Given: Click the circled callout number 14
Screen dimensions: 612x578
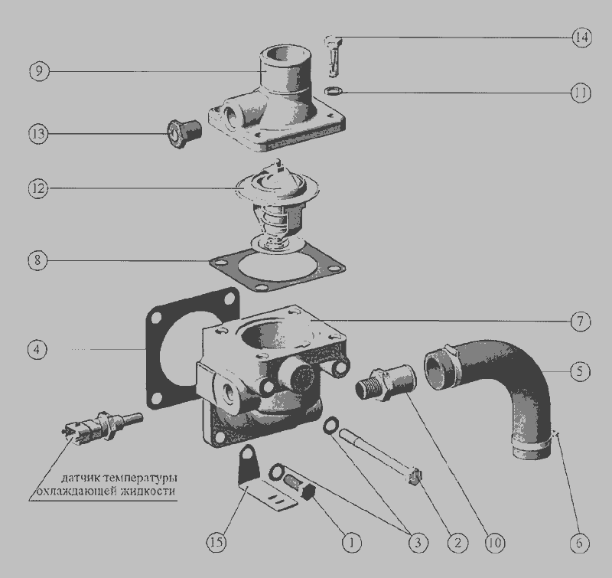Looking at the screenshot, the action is click(581, 38).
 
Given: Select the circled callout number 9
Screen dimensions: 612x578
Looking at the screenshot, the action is click(40, 71).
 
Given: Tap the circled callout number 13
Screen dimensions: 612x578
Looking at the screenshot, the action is click(38, 134).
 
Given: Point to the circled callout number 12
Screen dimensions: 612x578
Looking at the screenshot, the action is click(38, 188).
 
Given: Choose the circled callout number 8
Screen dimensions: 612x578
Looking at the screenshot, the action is click(37, 260).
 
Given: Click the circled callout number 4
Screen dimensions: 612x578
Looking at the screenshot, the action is click(37, 349).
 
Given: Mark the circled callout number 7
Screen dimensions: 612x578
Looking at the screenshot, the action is click(581, 322).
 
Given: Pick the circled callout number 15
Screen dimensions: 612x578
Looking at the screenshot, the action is click(216, 542).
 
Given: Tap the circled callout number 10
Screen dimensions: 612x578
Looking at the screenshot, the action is click(494, 543).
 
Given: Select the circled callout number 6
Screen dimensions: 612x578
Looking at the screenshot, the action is click(579, 543).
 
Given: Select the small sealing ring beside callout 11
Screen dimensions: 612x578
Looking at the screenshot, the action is click(334, 91).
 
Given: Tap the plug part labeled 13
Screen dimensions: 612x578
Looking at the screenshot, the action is click(184, 133).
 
